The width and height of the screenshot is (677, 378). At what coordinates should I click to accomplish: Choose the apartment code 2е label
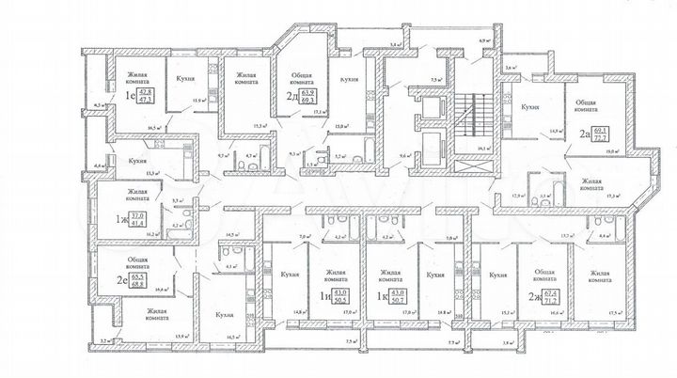click(121, 281)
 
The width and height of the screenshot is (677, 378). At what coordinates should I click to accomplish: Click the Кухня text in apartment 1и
click(290, 275)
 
